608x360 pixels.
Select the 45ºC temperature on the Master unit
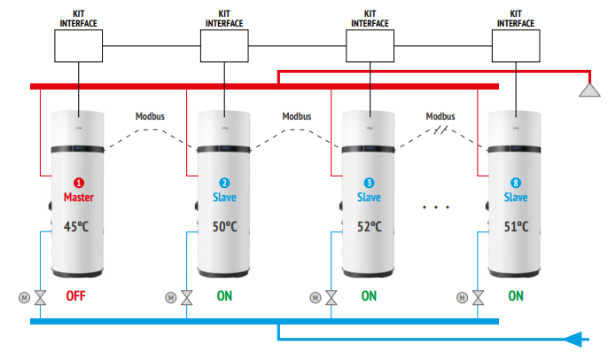(x=77, y=226)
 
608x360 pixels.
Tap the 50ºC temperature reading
(x=223, y=226)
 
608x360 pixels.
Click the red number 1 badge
(x=77, y=183)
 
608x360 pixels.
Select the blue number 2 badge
(x=223, y=183)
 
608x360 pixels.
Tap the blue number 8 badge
(x=515, y=183)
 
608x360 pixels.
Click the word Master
(x=77, y=197)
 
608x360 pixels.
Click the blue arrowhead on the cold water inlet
(x=576, y=338)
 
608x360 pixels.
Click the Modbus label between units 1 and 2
(x=150, y=116)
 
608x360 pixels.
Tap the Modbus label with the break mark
(x=440, y=116)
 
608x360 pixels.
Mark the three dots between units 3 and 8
(x=436, y=207)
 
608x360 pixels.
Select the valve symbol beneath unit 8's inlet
(x=479, y=297)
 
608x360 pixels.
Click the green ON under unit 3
(x=369, y=296)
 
